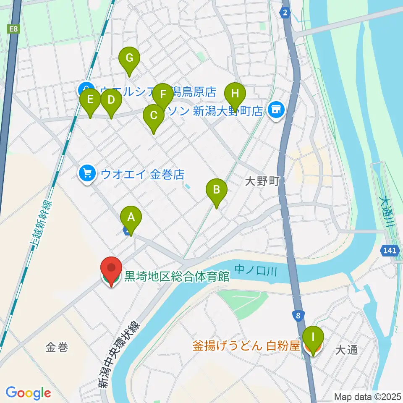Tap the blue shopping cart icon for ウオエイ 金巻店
87,173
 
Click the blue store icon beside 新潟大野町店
276,110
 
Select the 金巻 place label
57,347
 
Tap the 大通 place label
347,350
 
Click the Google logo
28,393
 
